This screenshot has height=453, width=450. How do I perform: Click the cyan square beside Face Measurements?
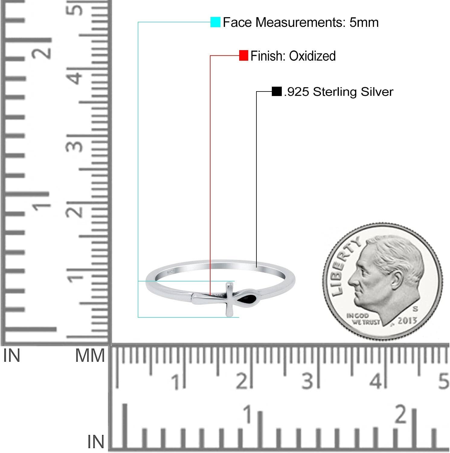coord(215,22)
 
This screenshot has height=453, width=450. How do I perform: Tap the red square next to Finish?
coord(243,56)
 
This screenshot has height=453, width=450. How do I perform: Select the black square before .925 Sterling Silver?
coord(277,91)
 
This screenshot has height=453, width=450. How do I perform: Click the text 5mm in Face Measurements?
coord(364,22)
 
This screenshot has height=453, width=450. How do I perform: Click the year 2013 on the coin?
coord(407,320)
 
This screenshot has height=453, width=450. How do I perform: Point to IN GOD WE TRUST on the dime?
coord(363,319)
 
